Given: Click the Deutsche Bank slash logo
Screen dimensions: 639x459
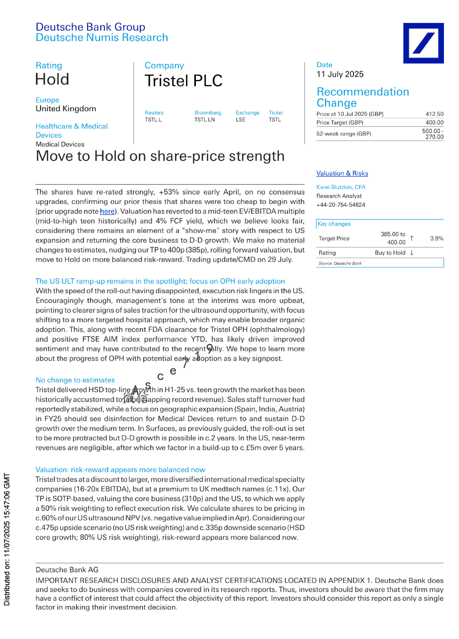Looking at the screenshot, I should pos(423,43).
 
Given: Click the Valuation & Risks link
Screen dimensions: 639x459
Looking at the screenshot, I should pos(342,173).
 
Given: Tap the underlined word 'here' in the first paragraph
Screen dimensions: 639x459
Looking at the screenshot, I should pos(107,211).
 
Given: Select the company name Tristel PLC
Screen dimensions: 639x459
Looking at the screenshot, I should pos(184,81).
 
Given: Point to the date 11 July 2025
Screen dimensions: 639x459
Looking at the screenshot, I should pos(340,74).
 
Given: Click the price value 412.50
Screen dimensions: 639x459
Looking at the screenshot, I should pos(434,114).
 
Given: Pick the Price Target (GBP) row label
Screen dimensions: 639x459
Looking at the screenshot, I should pos(340,122).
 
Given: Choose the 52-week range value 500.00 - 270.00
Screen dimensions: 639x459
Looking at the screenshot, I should pos(433,134).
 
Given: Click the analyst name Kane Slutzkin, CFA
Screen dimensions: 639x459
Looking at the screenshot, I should pos(341,187).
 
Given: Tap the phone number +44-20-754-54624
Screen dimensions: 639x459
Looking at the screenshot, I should pos(340,205).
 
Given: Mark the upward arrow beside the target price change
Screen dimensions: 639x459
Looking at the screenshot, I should pos(412,238).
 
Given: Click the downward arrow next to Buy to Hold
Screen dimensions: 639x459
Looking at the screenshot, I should pos(412,253).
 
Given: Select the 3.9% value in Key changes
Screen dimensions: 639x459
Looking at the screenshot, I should pos(437,238).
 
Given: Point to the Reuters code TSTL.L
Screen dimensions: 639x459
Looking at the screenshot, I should pos(153,120).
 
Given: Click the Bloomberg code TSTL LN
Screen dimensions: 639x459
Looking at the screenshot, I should pos(204,120).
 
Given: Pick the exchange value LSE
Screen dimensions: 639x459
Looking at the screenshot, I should pos(240,120).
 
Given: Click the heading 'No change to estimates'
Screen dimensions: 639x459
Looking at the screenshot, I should pos(75,380).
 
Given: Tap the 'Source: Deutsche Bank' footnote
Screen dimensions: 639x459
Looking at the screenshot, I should pos(340,263).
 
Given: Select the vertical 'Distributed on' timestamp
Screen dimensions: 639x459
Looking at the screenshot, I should pos(7,539).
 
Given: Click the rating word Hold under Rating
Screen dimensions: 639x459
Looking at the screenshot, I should pos(52,79).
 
